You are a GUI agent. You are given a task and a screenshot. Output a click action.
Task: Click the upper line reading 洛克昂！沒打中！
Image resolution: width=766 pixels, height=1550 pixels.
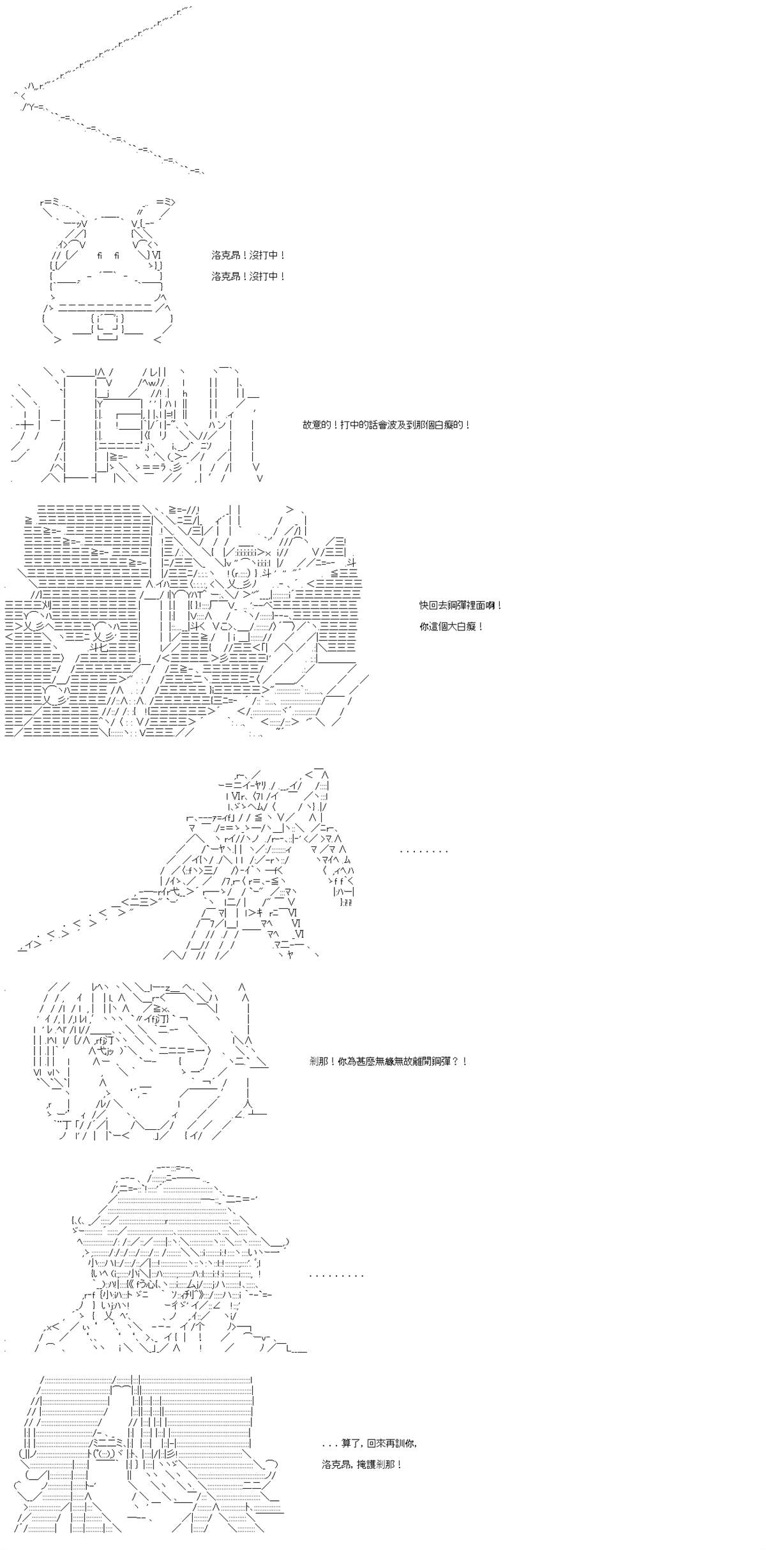point(248,255)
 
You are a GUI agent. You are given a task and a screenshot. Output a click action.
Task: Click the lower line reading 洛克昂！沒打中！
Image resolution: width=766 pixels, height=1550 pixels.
point(248,277)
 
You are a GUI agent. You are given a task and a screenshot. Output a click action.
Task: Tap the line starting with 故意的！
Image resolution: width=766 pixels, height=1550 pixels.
point(387,425)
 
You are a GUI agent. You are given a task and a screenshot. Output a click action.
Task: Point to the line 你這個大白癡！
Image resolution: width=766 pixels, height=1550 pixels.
point(451,627)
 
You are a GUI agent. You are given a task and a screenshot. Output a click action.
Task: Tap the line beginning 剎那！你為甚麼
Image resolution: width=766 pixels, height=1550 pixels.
point(388,1061)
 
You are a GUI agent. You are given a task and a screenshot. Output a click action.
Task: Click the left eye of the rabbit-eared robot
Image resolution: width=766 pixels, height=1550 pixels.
point(100,256)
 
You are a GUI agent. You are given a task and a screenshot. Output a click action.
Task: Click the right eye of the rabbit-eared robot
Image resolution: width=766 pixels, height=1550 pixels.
point(117,256)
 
